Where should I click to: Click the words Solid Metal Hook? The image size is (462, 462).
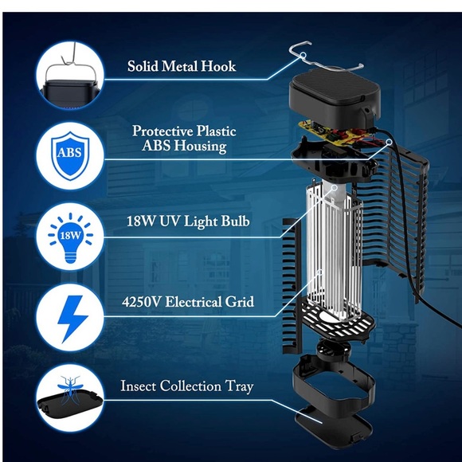point(182,66)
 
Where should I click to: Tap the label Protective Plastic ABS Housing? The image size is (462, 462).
point(184,139)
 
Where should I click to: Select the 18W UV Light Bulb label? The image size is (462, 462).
point(188,221)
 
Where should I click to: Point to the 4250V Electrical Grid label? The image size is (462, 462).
point(188,302)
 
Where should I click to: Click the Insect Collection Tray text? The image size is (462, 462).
point(187,386)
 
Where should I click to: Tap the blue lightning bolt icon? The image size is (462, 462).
point(72,319)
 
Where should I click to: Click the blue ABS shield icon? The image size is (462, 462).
point(70,155)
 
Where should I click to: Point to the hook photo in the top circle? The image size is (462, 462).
point(70,76)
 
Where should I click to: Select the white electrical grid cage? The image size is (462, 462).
point(334,253)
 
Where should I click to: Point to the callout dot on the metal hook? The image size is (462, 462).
point(303,55)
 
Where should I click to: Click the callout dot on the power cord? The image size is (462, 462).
point(389,142)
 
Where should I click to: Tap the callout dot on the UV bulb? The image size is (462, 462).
point(334,187)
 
